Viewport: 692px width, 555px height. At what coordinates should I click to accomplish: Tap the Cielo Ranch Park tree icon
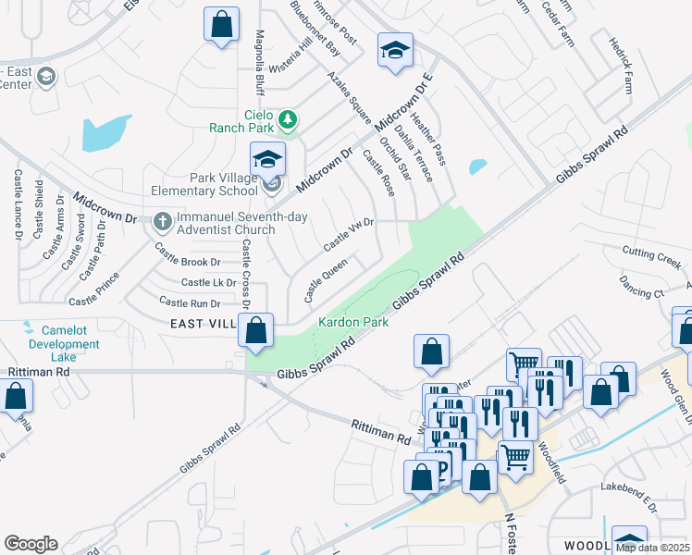pyautogui.click(x=288, y=118)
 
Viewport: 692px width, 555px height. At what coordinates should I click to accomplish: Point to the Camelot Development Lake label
pyautogui.click(x=63, y=344)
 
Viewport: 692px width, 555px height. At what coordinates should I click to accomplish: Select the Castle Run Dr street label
pyautogui.click(x=190, y=302)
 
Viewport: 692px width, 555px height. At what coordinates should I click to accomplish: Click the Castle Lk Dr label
pyautogui.click(x=208, y=282)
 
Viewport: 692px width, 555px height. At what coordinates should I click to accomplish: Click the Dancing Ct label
pyautogui.click(x=643, y=291)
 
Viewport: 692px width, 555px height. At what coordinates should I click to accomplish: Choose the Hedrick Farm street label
pyautogui.click(x=621, y=66)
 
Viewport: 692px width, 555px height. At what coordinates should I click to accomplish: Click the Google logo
pyautogui.click(x=31, y=544)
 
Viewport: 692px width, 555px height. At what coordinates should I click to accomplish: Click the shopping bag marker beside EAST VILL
pyautogui.click(x=255, y=329)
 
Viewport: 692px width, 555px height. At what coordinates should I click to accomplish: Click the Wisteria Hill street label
pyautogui.click(x=290, y=56)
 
